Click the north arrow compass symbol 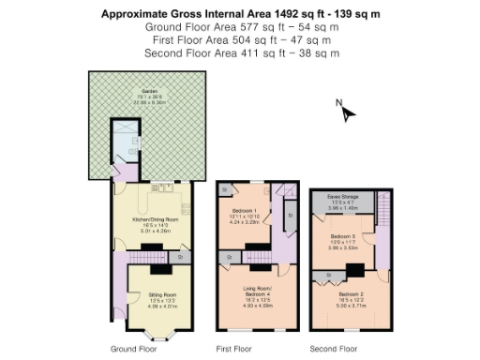(348, 112)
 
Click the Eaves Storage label (341, 196)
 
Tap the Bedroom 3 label (341, 236)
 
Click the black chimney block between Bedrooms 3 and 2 (354, 271)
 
